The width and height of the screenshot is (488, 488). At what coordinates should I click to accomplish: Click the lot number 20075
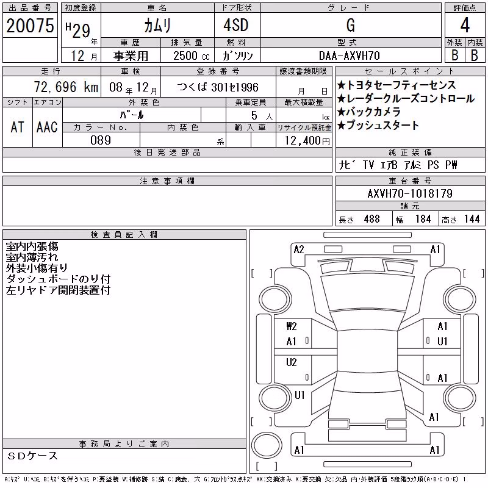[30, 26]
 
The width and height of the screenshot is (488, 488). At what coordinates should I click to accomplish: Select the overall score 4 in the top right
[465, 25]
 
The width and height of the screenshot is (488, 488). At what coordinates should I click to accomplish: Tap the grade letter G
[351, 25]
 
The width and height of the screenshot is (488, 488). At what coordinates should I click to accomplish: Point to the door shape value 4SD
[236, 25]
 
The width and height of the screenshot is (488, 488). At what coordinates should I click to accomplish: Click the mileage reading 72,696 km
[66, 87]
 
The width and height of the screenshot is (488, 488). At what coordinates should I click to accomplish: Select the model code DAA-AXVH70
[350, 56]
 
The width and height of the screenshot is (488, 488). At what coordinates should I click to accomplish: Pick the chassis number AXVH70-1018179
[410, 193]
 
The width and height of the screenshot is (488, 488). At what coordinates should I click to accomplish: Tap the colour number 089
[101, 140]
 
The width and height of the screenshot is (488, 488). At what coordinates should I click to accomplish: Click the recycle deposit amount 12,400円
[307, 141]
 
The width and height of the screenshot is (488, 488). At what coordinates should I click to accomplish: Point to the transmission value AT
[17, 127]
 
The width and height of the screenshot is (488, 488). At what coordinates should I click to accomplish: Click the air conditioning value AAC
[47, 127]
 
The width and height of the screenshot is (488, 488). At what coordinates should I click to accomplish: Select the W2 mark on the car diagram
[292, 326]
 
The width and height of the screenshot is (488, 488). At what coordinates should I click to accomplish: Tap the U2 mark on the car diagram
[292, 362]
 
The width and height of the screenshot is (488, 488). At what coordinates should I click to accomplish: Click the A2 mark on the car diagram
[299, 249]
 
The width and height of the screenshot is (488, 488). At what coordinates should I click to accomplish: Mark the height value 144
[472, 219]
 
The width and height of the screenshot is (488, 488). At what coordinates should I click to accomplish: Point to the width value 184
[423, 219]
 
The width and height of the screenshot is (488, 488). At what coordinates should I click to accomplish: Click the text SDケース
[32, 456]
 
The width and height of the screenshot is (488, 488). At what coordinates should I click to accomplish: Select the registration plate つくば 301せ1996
[218, 87]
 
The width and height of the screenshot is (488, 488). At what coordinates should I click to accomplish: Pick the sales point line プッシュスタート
[378, 125]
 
